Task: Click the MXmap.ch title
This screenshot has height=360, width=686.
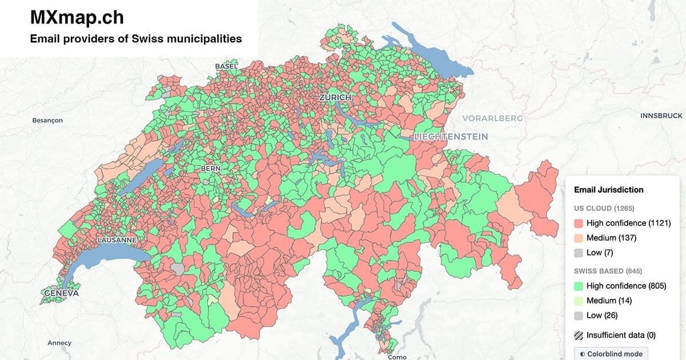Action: pyautogui.click(x=77, y=18)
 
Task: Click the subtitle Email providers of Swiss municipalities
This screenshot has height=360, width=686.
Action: pyautogui.click(x=135, y=39)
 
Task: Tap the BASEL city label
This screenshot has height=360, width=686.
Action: pyautogui.click(x=226, y=66)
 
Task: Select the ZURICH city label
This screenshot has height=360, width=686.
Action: pyautogui.click(x=335, y=98)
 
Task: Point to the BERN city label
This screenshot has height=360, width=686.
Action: pyautogui.click(x=210, y=169)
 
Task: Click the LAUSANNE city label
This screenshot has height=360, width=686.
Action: pyautogui.click(x=117, y=240)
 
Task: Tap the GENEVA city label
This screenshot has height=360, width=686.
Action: pyautogui.click(x=60, y=293)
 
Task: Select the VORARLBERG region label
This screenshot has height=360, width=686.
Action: pyautogui.click(x=492, y=118)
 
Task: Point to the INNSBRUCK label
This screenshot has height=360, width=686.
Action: pyautogui.click(x=661, y=115)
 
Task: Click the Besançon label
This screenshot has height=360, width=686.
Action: pyautogui.click(x=47, y=121)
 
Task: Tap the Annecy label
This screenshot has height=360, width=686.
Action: pyautogui.click(x=59, y=343)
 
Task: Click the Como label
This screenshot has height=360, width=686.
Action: pyautogui.click(x=397, y=357)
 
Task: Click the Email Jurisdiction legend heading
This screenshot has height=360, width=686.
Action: pyautogui.click(x=608, y=190)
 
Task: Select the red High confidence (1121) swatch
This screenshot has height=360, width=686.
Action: pyautogui.click(x=579, y=223)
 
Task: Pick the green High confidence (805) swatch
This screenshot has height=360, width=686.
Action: pyautogui.click(x=579, y=286)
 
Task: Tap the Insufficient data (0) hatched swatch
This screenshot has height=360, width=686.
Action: pyautogui.click(x=579, y=335)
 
